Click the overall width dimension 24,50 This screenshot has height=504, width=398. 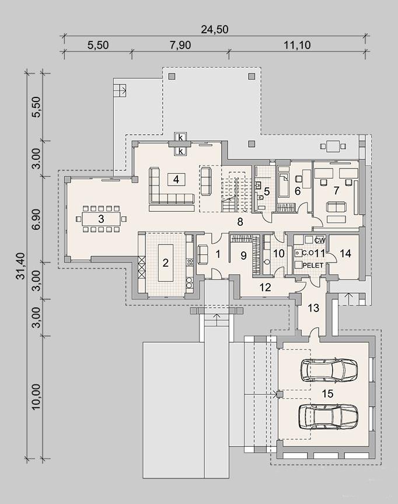214,29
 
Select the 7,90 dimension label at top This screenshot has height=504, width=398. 180,45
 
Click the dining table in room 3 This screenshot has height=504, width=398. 102,219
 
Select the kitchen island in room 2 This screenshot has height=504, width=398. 166,262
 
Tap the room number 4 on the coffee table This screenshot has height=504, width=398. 176,179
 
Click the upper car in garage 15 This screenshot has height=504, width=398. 329,369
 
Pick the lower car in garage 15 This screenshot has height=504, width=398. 329,416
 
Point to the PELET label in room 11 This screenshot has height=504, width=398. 313,265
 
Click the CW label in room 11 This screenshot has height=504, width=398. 320,240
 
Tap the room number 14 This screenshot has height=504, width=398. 345,253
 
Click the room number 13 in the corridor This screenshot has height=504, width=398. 313,308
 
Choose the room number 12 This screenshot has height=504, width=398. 265,287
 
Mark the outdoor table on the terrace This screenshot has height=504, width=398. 333,146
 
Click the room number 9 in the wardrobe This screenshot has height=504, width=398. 243,256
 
